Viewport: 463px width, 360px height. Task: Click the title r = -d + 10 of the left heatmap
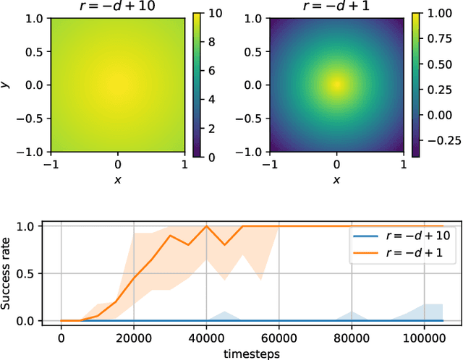coord(116,7)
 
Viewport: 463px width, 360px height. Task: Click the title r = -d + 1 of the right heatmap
coord(336,7)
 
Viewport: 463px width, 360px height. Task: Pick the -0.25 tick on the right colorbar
coord(438,140)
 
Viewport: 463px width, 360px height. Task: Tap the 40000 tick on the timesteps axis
coord(206,338)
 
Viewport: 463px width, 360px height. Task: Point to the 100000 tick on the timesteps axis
coord(425,338)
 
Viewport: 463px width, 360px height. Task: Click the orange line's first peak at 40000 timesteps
coord(206,226)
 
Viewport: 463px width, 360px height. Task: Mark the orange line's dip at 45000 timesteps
coord(224,245)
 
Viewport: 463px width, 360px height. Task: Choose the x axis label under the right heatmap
coord(336,179)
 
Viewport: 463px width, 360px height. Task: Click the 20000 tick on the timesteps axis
coord(133,338)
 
